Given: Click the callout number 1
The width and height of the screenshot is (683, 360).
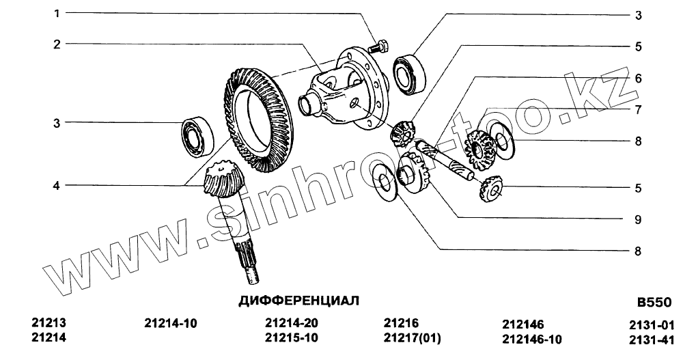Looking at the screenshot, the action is click(57, 14).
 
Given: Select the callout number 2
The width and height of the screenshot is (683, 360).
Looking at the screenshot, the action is click(57, 44).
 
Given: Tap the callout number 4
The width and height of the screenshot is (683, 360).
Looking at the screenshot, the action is click(56, 186).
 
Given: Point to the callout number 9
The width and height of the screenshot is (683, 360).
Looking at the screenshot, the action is click(638, 220).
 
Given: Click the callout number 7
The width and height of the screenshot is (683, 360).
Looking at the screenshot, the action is click(638, 110).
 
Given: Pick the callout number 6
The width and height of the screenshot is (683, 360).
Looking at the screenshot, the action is click(638, 79).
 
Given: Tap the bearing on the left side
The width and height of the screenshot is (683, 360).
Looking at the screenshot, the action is click(197, 135).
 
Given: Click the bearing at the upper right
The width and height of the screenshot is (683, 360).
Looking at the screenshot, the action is click(409, 74).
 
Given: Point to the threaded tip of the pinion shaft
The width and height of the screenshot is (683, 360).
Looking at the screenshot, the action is click(252, 275).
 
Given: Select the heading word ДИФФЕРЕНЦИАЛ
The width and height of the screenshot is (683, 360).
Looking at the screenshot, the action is click(299, 301).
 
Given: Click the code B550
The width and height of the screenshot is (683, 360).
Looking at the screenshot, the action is click(654, 302).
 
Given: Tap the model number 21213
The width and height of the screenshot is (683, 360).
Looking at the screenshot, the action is click(48, 323).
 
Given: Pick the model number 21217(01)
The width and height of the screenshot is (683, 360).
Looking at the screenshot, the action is click(412, 337).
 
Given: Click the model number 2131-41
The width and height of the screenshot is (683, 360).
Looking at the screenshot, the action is click(652, 340).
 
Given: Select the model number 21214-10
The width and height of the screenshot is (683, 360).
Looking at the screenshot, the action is click(170, 323).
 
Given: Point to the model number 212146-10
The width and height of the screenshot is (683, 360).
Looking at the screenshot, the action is click(532, 339).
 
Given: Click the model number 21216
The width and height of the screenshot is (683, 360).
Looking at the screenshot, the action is click(401, 323).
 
